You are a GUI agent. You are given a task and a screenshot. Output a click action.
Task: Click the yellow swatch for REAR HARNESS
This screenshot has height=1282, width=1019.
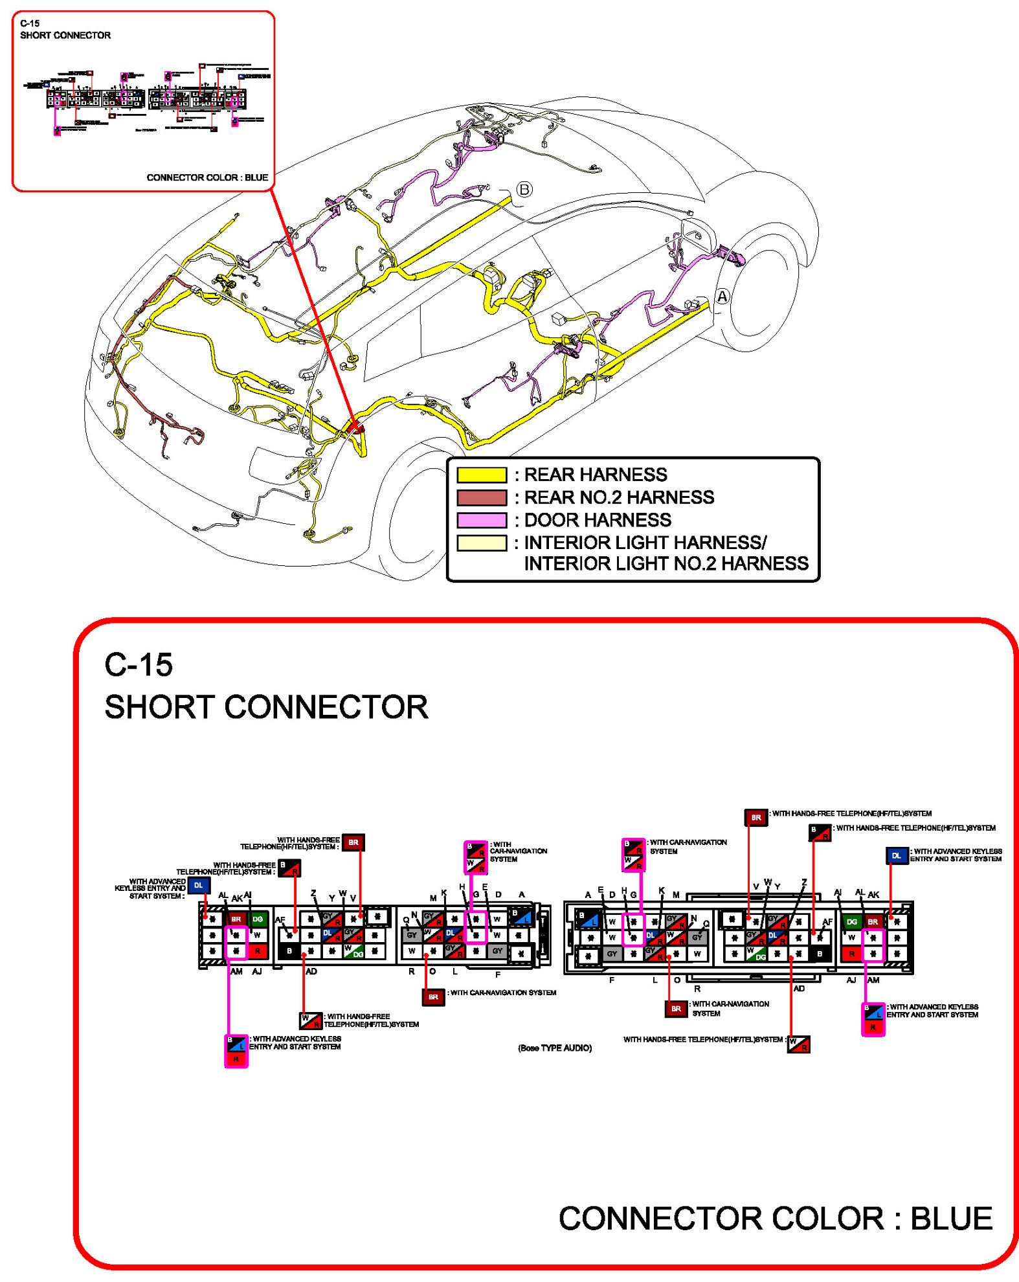481,475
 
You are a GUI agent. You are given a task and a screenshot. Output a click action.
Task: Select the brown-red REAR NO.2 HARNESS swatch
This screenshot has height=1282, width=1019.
481,497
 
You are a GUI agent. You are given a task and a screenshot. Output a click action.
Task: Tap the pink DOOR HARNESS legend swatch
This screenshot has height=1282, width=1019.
481,520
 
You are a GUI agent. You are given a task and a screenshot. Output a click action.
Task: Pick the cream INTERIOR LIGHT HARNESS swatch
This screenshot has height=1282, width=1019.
481,543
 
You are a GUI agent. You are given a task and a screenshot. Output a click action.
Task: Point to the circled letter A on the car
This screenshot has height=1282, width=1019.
722,297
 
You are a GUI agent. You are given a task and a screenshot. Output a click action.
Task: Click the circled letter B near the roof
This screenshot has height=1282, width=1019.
524,189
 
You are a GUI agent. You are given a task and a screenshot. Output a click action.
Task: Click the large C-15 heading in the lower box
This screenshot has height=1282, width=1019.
139,665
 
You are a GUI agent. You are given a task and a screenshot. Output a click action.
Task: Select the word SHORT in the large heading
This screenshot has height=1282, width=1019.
159,707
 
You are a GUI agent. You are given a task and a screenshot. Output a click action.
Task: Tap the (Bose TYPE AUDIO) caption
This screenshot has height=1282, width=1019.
554,1048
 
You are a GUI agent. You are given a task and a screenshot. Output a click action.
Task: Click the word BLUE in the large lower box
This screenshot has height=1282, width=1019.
951,1219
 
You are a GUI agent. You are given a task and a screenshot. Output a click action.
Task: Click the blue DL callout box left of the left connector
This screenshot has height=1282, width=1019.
199,885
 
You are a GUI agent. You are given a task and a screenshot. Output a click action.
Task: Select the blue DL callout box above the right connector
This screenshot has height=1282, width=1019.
896,855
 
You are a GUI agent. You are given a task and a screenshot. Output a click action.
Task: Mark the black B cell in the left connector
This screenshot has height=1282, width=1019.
289,951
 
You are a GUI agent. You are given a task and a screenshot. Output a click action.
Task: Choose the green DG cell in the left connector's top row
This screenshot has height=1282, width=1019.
258,919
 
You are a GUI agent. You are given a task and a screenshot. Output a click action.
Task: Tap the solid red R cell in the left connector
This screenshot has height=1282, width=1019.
258,950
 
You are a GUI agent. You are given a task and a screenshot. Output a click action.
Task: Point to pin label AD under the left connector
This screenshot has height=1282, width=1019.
311,971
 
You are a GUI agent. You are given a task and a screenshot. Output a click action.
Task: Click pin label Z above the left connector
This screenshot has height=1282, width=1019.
313,894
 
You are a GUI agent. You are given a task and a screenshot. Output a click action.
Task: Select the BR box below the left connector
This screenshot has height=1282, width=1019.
433,996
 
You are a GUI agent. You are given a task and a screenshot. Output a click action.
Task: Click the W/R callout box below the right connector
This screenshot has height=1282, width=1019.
798,1044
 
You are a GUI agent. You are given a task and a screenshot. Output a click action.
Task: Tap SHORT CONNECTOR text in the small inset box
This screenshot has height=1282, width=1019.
65,36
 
